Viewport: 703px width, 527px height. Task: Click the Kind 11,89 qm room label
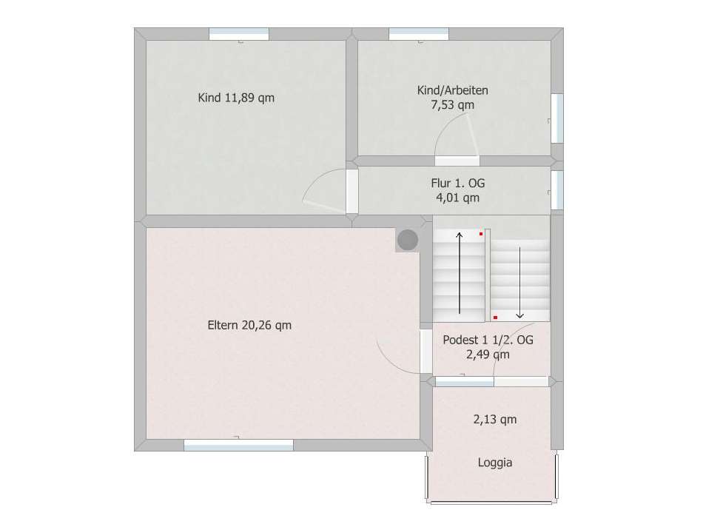coord(236,97)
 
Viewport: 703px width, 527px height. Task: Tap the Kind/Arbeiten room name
coord(452,90)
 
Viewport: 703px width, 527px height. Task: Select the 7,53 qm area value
coord(452,105)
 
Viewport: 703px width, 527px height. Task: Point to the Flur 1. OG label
coord(458,183)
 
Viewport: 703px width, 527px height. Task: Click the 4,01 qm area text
coord(458,198)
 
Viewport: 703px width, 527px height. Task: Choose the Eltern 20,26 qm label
coord(249,325)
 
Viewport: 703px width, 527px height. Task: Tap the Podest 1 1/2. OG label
coord(488,340)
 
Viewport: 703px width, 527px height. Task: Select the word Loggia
coord(495,463)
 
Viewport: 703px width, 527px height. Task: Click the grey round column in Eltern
coord(408,240)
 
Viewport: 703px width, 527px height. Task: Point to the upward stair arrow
coord(460,272)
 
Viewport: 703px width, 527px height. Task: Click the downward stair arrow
coord(519,283)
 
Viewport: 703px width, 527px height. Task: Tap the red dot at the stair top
coord(481,234)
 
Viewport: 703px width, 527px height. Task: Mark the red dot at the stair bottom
coord(495,318)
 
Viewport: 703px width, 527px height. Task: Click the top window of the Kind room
coord(239,34)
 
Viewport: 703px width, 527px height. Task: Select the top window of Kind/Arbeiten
coord(419,34)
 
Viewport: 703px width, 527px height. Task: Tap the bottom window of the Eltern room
coord(238,445)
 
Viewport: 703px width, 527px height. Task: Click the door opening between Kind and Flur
coord(352,191)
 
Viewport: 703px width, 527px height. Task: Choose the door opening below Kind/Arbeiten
coord(457,161)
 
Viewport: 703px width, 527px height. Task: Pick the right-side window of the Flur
coord(556,190)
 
